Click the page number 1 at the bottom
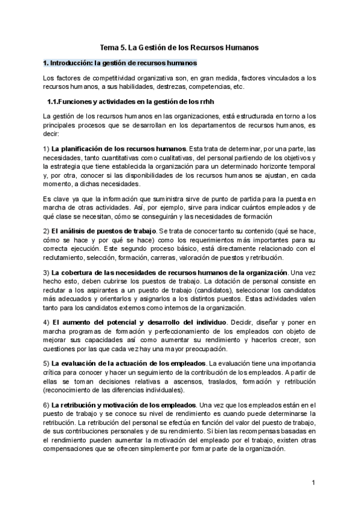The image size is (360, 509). point(313,483)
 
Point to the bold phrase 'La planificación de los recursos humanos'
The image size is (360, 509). point(119,149)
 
